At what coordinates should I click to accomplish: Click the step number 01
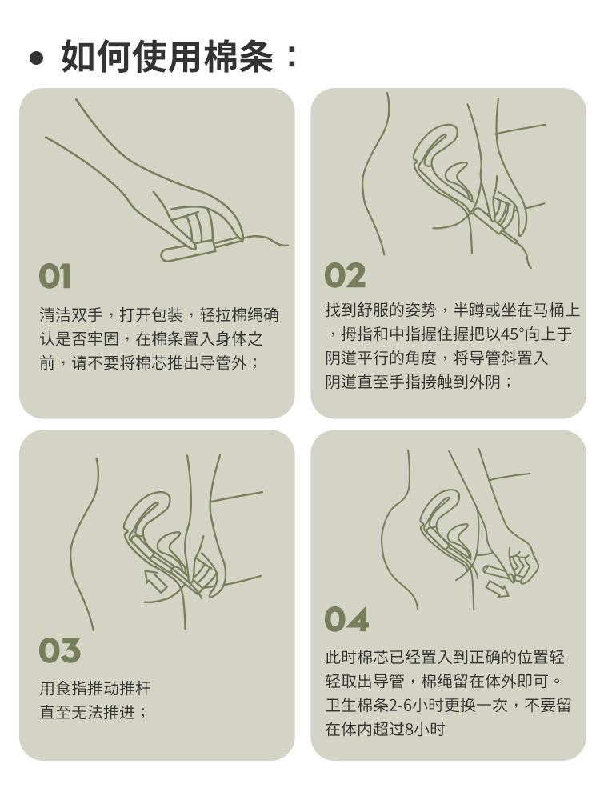coord(55,277)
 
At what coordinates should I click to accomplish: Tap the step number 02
coord(345,275)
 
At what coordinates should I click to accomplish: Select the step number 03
coord(59,650)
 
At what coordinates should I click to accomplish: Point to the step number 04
coord(346,619)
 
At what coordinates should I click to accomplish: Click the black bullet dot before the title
coord(36,58)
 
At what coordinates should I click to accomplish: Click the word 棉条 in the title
coord(238,56)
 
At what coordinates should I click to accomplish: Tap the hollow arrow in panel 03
coord(156,581)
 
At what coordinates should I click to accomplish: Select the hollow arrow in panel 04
coord(497,589)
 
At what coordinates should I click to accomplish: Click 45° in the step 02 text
coord(512,334)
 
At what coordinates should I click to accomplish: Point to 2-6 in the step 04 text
coord(401,706)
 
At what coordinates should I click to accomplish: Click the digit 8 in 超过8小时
coord(408,730)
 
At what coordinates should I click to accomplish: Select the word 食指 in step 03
coord(71,689)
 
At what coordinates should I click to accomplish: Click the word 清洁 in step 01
coord(55,315)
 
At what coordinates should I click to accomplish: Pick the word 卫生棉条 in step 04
coord(357,706)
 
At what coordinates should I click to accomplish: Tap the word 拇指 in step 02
coord(357,334)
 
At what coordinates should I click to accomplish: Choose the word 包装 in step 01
coord(167,315)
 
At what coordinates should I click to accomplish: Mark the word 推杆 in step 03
coord(135,689)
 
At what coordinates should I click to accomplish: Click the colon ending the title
coord(292,56)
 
